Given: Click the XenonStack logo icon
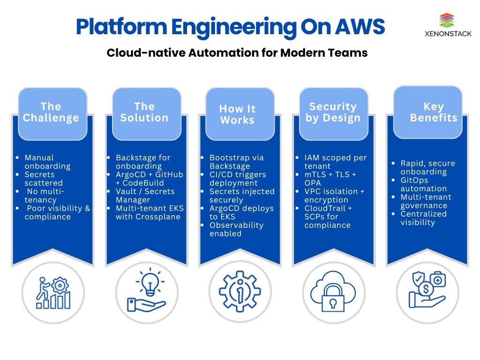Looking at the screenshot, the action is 447,21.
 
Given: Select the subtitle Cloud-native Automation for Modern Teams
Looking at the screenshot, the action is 237,52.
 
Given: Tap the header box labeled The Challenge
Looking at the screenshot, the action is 52,114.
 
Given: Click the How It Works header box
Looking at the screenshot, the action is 240,114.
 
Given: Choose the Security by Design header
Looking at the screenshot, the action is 334,114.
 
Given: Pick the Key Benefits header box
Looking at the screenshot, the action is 427,112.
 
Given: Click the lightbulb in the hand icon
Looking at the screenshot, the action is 150,282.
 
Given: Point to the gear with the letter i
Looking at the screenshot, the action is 240,292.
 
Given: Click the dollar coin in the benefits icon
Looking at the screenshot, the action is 426,289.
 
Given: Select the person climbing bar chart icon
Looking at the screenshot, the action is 53,292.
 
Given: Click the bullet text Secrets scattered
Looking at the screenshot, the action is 44,179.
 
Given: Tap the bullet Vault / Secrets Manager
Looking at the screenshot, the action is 145,195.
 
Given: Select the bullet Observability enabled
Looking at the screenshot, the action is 236,229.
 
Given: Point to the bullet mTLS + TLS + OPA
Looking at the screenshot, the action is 330,179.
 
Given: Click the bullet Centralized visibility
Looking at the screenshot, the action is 423,218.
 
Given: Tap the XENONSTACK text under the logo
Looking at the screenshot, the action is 448,34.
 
